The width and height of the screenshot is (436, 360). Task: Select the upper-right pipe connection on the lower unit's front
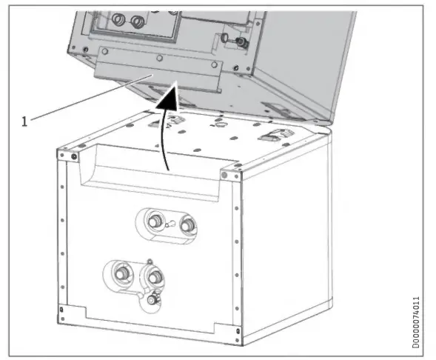[187, 222]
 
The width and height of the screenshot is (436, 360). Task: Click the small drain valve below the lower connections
[153, 300]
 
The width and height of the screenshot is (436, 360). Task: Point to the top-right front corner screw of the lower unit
[225, 176]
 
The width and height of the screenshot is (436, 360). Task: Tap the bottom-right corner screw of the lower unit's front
[235, 329]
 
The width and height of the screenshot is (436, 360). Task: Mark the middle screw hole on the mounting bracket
[159, 57]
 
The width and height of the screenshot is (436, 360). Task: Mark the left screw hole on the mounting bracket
[106, 50]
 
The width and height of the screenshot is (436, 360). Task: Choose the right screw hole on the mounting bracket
[215, 64]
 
